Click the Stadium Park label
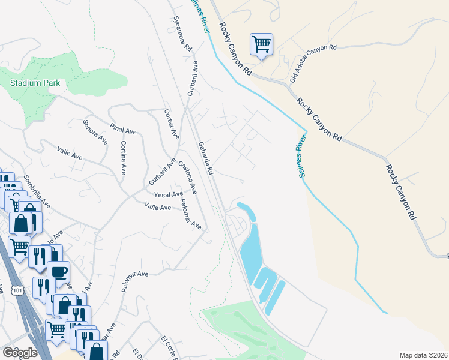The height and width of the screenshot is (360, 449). tap(35, 83)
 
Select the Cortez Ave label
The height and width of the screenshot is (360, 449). tap(171, 124)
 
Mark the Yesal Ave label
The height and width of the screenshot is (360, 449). tap(168, 194)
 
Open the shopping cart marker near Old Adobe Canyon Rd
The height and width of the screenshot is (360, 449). tap(261, 44)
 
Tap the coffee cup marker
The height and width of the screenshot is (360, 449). tap(59, 272)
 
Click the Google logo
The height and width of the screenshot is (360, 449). tap(20, 352)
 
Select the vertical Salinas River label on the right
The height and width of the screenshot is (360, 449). tap(301, 157)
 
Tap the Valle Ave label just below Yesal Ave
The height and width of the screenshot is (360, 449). tap(158, 206)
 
